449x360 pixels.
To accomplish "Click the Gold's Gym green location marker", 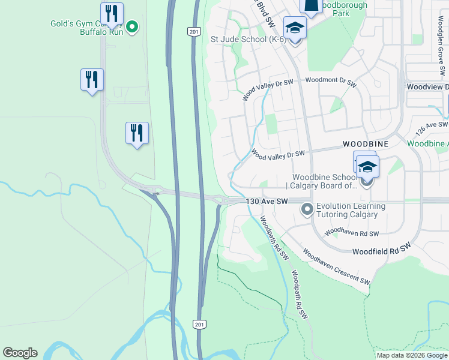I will [131, 26].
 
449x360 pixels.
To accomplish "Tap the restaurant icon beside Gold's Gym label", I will [112, 13].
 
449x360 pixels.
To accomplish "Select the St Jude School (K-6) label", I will [247, 40].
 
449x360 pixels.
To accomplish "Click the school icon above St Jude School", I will [295, 28].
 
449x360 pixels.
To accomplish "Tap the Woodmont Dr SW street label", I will [331, 80].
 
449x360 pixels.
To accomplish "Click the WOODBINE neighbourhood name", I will [366, 145].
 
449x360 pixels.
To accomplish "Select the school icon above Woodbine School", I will [367, 167].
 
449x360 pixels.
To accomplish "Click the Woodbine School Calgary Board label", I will [325, 181].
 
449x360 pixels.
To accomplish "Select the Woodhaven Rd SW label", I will [352, 233].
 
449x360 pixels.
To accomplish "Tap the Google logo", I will [20, 353].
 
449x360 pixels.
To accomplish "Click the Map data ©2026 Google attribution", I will [412, 355].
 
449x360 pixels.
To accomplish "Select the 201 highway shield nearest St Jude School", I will [193, 31].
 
